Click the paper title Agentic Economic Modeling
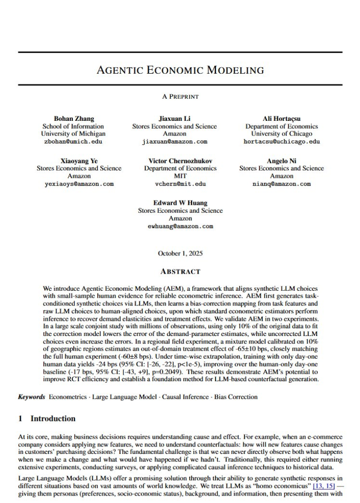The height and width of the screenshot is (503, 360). (x=180, y=69)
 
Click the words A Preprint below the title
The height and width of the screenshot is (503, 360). (x=180, y=97)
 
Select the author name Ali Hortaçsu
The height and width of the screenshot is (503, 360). (x=281, y=118)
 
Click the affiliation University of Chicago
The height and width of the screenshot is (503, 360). (x=281, y=134)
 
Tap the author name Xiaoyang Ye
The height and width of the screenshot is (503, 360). (x=79, y=161)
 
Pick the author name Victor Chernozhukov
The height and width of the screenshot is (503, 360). (x=180, y=161)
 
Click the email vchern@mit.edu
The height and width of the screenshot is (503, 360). (x=180, y=184)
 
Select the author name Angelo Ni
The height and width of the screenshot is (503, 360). (x=281, y=161)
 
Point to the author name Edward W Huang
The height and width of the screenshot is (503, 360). (x=180, y=203)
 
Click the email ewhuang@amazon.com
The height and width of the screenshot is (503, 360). (x=180, y=226)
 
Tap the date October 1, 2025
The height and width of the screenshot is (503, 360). (x=180, y=253)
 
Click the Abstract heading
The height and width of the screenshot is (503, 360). (x=180, y=271)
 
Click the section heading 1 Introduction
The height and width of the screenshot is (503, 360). (x=47, y=419)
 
